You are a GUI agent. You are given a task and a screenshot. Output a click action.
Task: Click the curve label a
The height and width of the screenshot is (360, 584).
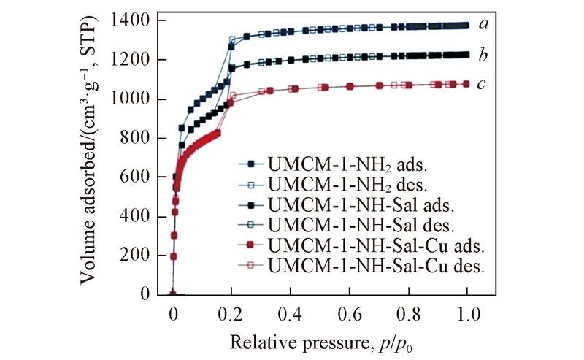tap(483, 23)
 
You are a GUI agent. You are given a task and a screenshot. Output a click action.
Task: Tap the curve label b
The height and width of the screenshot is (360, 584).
tap(483, 55)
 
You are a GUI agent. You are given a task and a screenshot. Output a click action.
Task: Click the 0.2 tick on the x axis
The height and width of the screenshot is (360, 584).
tap(232, 314)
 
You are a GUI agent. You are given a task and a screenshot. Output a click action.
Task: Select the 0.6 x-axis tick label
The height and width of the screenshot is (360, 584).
tap(350, 314)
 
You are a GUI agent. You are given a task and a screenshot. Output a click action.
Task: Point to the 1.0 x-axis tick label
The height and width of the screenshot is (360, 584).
tap(467, 314)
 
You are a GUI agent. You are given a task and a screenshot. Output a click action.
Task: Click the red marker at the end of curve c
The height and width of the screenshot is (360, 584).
tap(466, 84)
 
